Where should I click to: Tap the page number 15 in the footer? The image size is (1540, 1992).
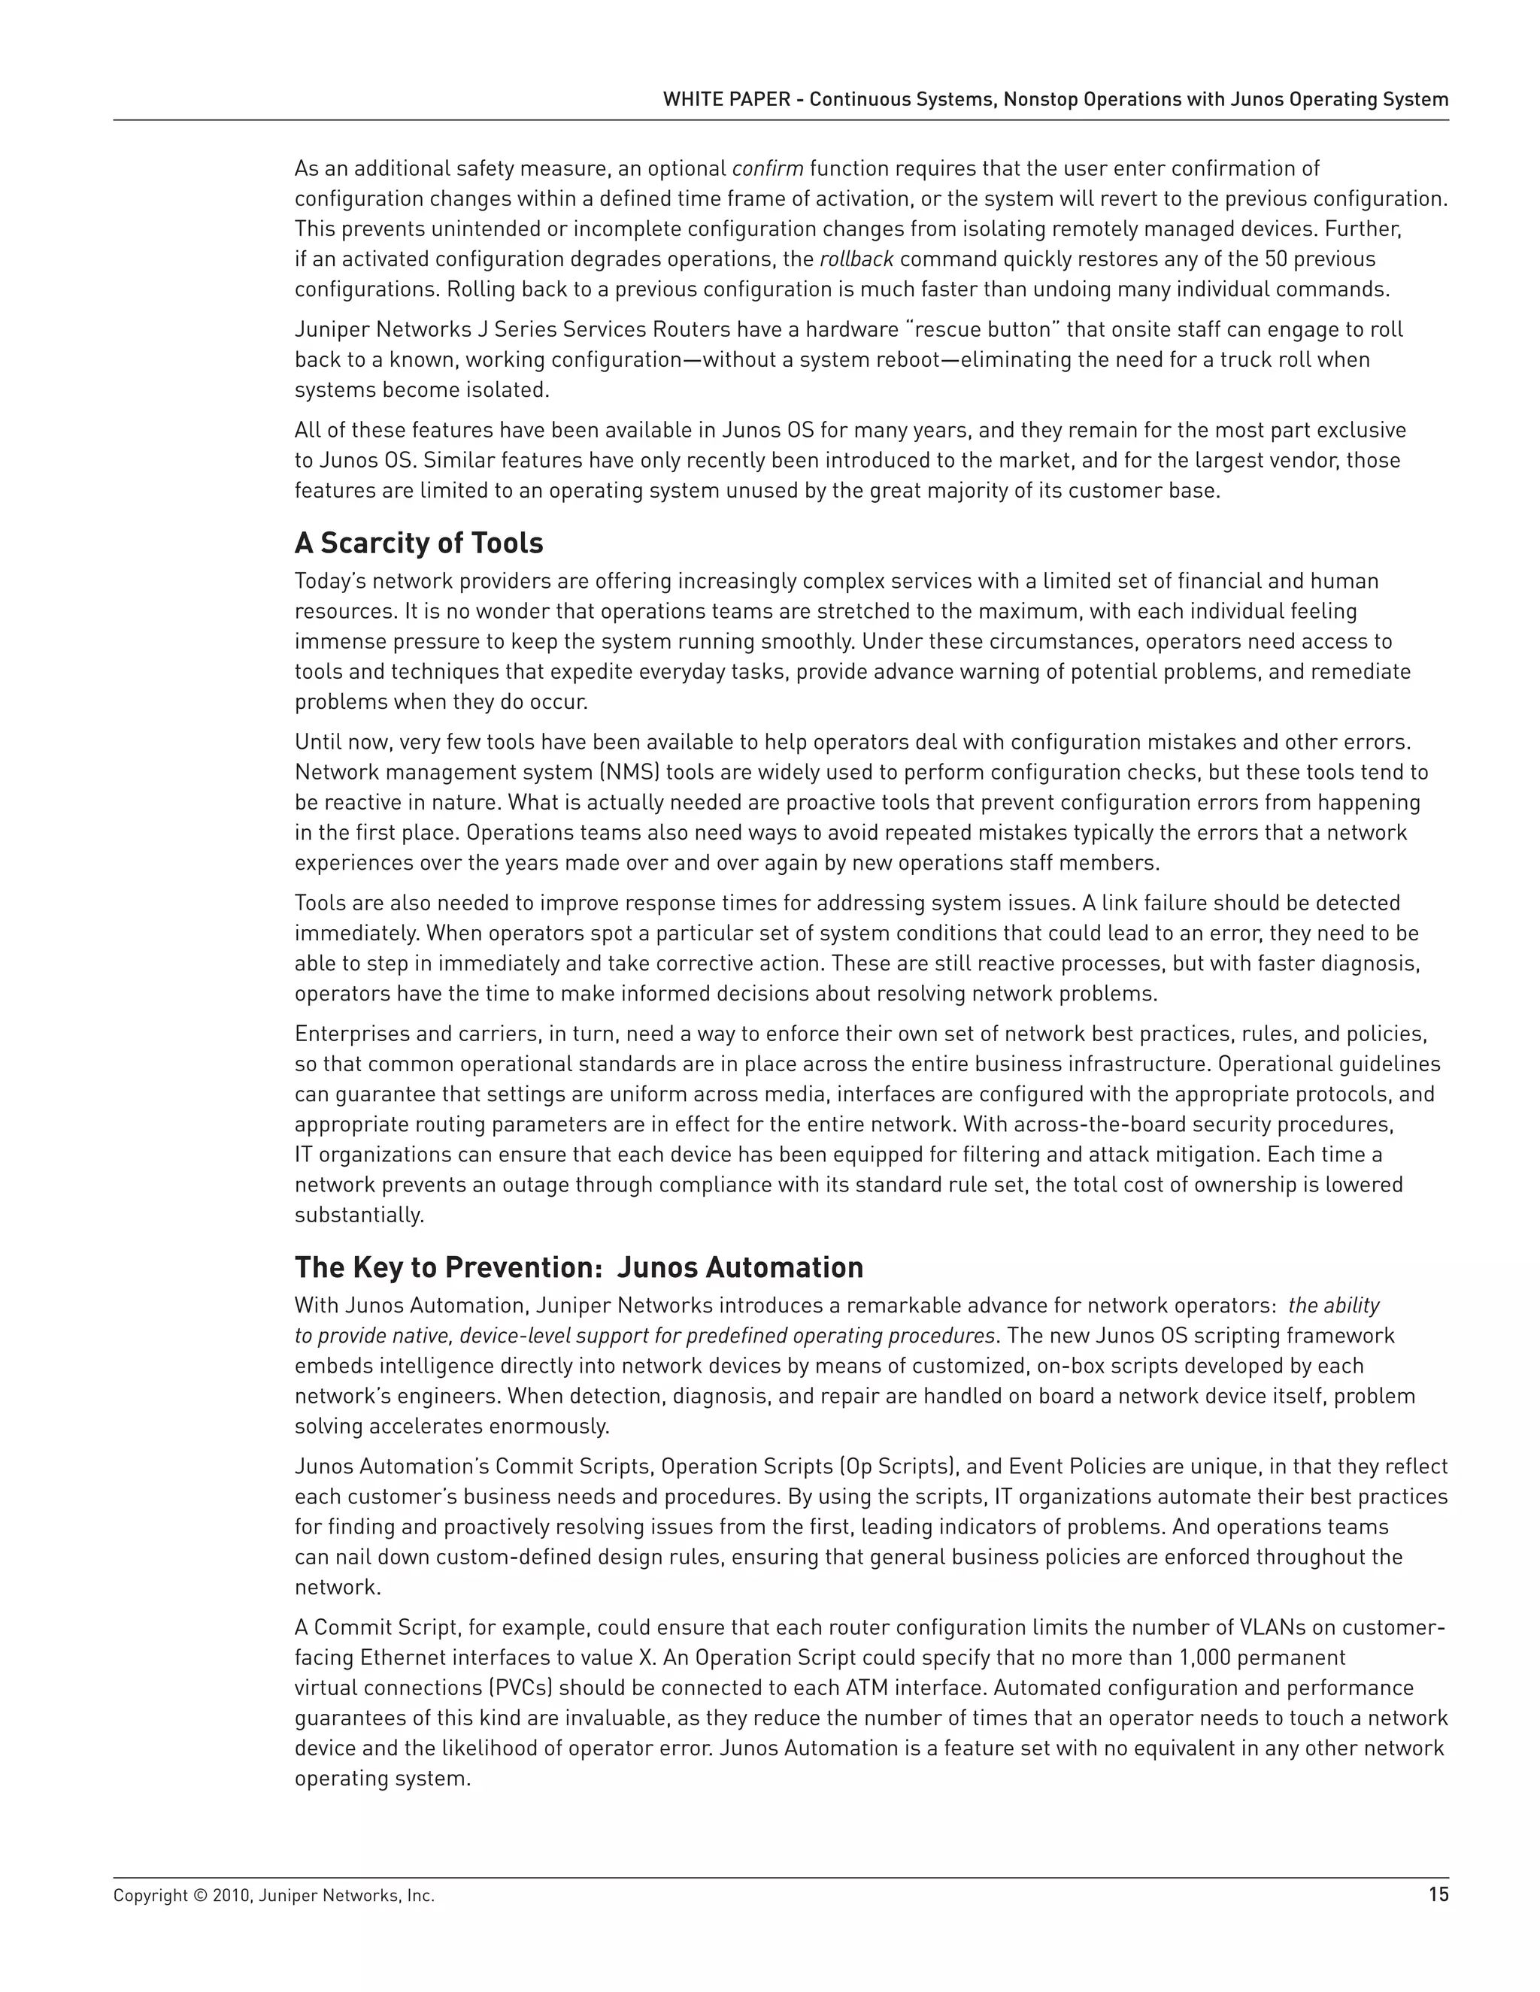[x=1438, y=1895]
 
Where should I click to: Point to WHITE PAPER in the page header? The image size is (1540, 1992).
[x=726, y=99]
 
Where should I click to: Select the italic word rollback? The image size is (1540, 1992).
[x=856, y=259]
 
